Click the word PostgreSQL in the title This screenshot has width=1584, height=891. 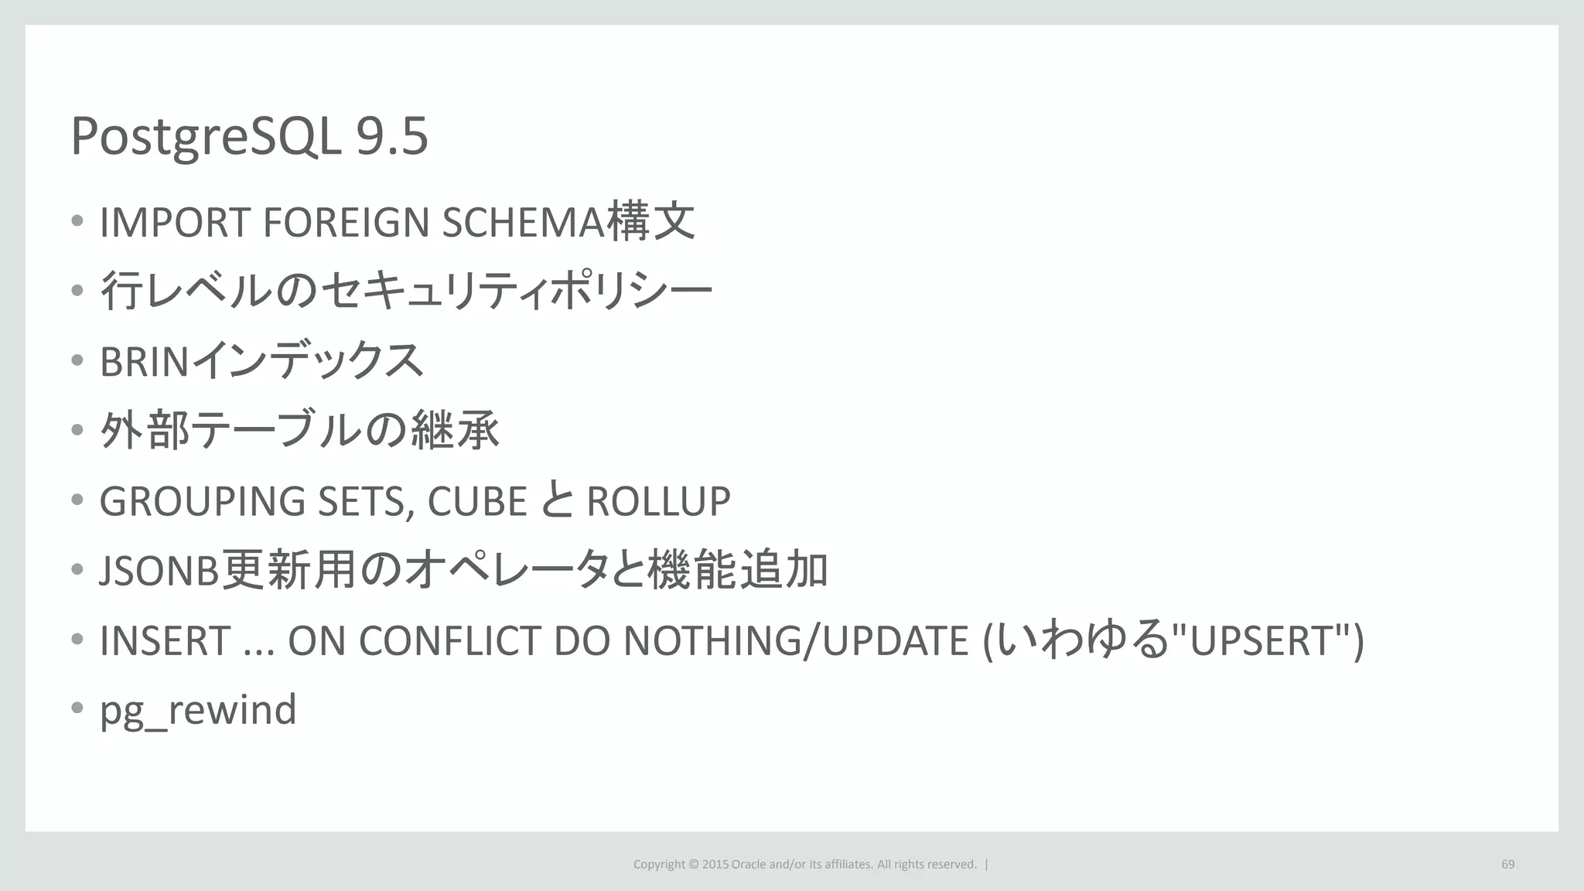tap(206, 137)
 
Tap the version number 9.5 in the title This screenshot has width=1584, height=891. tap(391, 137)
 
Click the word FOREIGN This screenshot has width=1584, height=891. tap(346, 223)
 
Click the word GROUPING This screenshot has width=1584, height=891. tap(203, 501)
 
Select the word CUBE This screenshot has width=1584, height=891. tap(477, 501)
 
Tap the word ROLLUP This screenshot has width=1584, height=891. tap(658, 501)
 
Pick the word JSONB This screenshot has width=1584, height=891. tap(159, 571)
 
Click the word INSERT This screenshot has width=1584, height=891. tap(165, 640)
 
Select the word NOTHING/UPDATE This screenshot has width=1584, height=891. tap(796, 640)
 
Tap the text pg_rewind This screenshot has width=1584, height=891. tap(198, 710)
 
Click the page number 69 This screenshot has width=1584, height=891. tap(1507, 864)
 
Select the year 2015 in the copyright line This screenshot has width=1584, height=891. tap(715, 864)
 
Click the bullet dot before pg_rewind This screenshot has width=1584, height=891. tap(77, 708)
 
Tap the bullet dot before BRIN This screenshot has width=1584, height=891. tap(77, 360)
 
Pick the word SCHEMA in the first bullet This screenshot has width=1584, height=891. tap(522, 223)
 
